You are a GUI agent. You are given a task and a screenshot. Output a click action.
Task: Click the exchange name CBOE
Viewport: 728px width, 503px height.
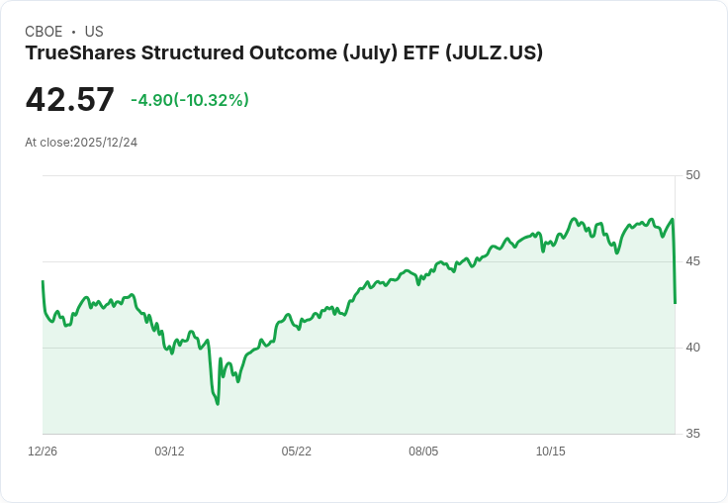click(x=44, y=32)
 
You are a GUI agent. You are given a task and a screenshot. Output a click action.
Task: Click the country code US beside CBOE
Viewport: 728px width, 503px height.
click(x=94, y=32)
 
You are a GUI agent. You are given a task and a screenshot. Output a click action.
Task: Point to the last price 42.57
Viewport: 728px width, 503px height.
click(x=69, y=100)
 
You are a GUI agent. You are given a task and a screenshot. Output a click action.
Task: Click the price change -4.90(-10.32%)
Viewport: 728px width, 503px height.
click(x=190, y=100)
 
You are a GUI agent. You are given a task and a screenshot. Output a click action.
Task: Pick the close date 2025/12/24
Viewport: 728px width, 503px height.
click(x=105, y=143)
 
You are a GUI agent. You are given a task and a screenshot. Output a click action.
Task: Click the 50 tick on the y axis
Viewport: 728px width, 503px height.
click(x=692, y=175)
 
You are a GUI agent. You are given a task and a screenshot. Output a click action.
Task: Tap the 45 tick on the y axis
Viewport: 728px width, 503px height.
click(x=692, y=261)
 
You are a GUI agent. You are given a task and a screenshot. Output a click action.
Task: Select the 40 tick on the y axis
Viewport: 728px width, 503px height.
click(x=692, y=348)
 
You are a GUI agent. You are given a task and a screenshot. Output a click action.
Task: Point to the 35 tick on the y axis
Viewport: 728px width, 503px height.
click(x=692, y=434)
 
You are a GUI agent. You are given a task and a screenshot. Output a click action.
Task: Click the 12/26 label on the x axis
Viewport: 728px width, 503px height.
click(x=43, y=452)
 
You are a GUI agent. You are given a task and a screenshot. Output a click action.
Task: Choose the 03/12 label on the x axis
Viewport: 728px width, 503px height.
click(x=169, y=452)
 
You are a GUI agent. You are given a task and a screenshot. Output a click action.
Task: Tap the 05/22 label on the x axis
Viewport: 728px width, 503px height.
click(x=296, y=452)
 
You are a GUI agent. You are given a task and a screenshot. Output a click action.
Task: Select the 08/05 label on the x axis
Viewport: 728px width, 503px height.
click(x=423, y=452)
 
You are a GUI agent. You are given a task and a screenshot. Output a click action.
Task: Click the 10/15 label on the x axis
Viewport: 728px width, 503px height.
click(x=550, y=452)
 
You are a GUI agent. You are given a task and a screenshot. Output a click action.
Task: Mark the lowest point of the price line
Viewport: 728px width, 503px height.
click(x=218, y=403)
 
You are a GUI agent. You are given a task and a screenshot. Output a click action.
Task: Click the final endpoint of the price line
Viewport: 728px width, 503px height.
click(x=675, y=303)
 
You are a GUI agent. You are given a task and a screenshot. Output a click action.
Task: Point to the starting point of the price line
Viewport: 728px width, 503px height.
click(x=43, y=281)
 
